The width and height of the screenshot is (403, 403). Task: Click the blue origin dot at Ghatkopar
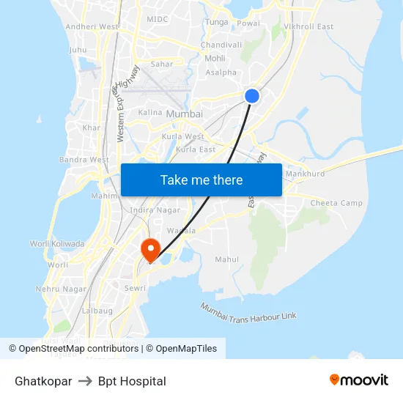251,96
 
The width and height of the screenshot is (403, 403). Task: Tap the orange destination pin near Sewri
150,249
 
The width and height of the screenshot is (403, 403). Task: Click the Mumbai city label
184,114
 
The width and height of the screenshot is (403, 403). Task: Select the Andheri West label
92,26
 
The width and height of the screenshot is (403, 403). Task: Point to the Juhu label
78,50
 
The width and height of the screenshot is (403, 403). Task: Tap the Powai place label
248,23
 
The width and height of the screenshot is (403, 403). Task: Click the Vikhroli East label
308,26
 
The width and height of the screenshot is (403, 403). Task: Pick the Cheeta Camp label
336,203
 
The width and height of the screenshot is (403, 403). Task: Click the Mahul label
226,259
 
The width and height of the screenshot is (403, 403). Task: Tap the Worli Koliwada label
57,244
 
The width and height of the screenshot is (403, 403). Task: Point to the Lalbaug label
77,311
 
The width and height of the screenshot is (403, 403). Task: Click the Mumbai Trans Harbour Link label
248,311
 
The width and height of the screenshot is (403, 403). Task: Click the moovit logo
359,380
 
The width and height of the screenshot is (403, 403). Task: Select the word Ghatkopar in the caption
43,381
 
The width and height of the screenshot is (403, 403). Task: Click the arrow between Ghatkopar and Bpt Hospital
85,381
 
